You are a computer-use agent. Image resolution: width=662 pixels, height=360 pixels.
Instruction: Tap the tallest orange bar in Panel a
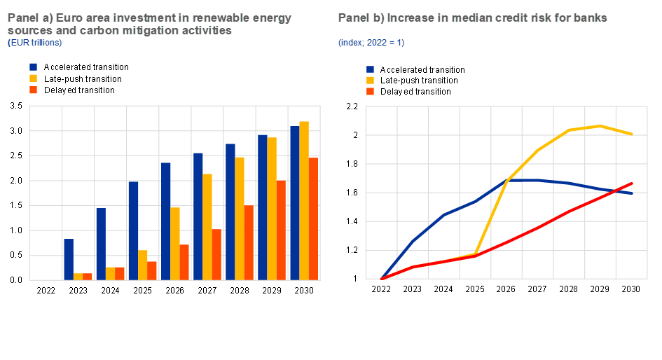tap(314, 219)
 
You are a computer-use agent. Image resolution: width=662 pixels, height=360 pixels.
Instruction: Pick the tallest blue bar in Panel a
tap(294, 203)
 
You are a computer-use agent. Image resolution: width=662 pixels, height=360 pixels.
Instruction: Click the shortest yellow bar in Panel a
tap(78, 276)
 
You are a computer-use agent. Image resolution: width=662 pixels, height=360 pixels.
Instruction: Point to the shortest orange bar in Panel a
tap(88, 276)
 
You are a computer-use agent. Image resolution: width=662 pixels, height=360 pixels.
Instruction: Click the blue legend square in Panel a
tap(33, 67)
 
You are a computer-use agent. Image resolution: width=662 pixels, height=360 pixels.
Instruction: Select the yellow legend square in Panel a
tap(33, 78)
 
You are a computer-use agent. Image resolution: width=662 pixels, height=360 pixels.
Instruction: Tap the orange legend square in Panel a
tap(33, 90)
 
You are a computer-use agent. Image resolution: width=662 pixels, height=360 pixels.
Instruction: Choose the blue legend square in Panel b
tap(371, 69)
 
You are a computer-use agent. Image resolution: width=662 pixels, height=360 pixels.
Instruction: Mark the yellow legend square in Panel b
tap(371, 81)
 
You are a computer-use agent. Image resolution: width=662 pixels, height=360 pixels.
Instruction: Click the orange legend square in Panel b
tap(371, 92)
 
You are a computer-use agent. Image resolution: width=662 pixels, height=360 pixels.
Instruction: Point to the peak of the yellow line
tap(600, 126)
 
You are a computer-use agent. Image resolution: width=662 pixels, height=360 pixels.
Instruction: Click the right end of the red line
tap(633, 184)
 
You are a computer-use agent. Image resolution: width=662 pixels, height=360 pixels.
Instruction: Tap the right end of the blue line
tap(633, 193)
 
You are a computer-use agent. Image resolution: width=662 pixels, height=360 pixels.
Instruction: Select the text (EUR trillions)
tap(34, 43)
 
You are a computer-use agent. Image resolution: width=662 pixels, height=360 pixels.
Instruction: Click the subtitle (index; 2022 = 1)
tap(371, 43)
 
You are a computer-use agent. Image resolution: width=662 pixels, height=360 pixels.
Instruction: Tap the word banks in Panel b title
tap(591, 18)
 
